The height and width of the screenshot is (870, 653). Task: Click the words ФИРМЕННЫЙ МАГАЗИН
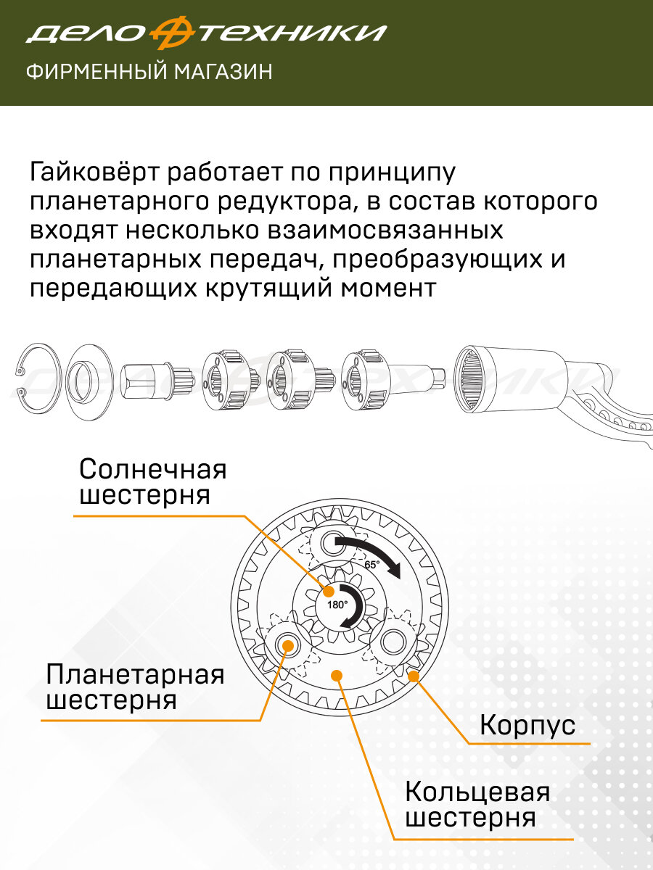point(149,72)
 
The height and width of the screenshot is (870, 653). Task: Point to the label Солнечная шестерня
point(153,482)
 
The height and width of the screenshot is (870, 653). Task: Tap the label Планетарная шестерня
point(135,687)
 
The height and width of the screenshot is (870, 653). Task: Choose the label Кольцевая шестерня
point(477,804)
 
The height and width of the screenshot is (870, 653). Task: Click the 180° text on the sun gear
point(337,604)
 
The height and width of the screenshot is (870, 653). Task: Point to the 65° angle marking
point(371,564)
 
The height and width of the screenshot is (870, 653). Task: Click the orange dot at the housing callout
point(414,676)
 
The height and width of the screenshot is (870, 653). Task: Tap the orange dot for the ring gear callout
point(336,676)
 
